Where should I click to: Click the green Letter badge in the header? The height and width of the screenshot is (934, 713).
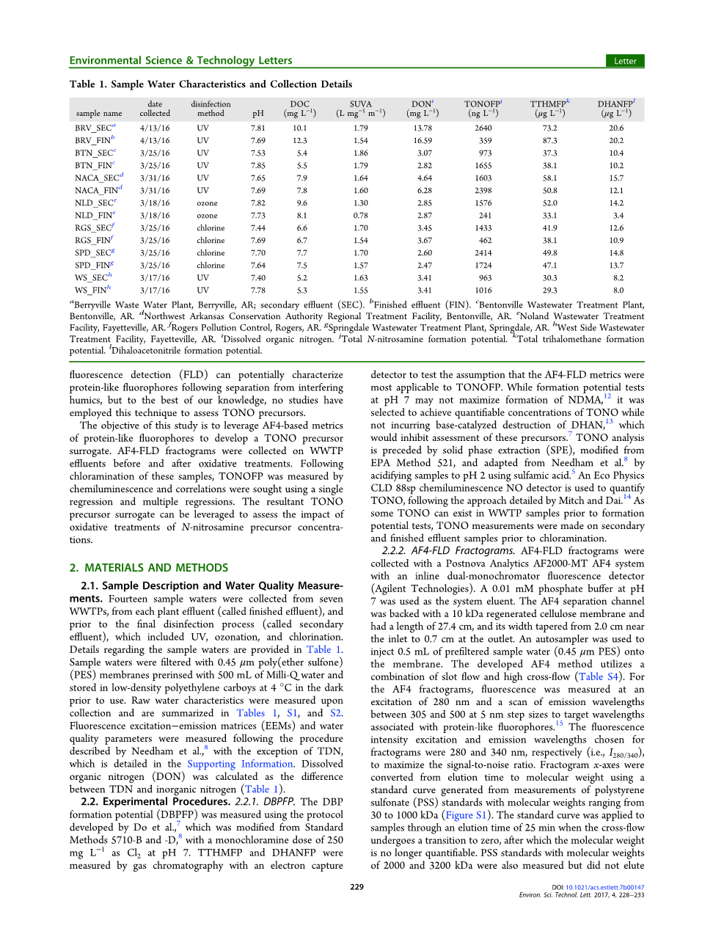click(624, 61)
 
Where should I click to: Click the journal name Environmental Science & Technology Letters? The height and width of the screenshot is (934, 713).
click(180, 61)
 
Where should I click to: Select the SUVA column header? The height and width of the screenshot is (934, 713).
click(360, 104)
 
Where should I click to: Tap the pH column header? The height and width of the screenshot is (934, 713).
click(258, 114)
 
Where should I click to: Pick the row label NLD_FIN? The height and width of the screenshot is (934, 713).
click(94, 216)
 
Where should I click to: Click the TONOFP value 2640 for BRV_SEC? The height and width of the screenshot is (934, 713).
click(483, 128)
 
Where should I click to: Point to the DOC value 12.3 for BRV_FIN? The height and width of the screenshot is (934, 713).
click(299, 141)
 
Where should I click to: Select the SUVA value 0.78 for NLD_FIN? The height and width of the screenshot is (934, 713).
click(360, 216)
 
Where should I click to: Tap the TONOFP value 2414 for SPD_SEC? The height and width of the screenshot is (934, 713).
click(483, 253)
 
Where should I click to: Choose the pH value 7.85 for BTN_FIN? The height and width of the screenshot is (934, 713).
click(258, 166)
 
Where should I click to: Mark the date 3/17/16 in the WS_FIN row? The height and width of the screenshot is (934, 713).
click(154, 291)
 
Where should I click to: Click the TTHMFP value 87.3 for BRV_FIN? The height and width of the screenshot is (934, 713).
click(549, 141)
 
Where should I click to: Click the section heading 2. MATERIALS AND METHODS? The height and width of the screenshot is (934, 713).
click(149, 568)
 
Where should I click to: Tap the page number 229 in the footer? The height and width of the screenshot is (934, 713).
click(356, 887)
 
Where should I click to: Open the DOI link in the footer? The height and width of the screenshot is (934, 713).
click(604, 887)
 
